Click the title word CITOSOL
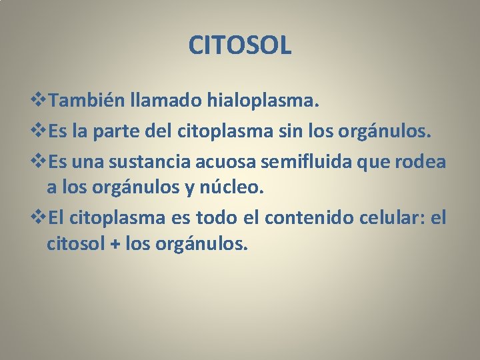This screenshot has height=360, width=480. tap(240, 46)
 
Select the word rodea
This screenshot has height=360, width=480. tap(423, 161)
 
